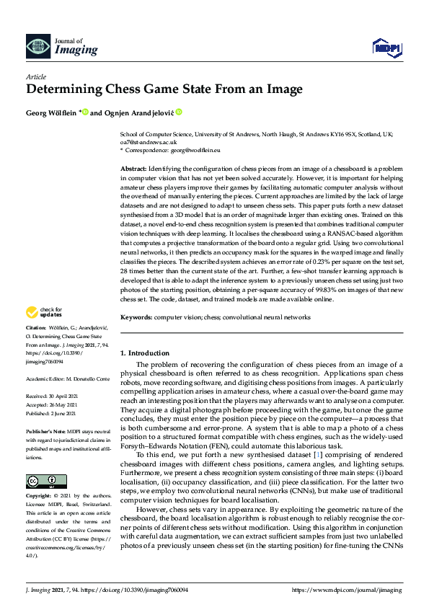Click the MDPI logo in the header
click(x=386, y=48)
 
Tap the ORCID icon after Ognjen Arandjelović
click(x=179, y=112)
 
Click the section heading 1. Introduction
click(x=144, y=353)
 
